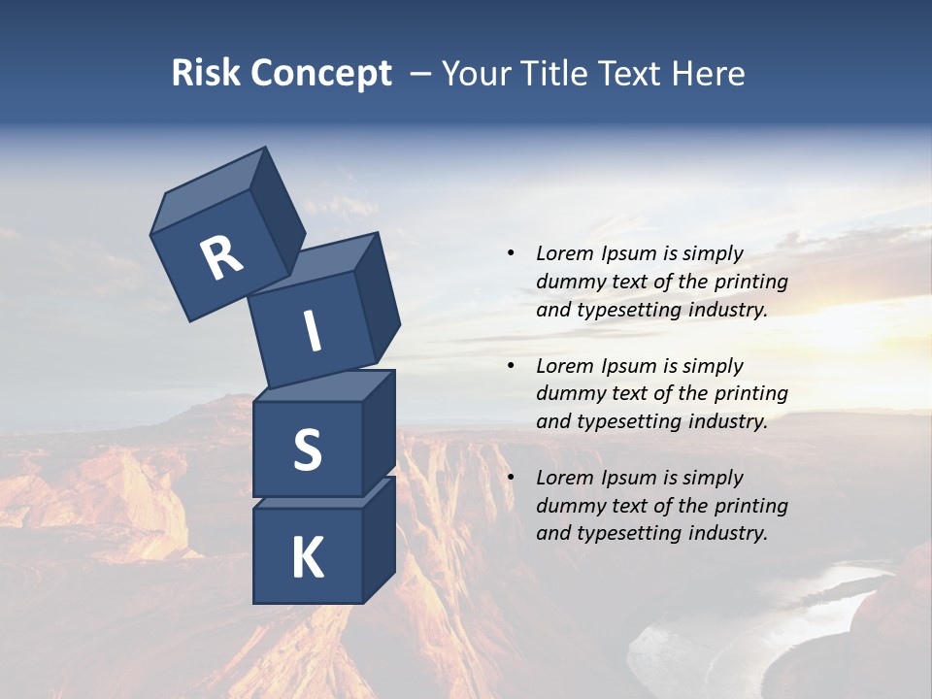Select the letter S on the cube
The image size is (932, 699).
pos(307,450)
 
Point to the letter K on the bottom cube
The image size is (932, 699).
pos(307,558)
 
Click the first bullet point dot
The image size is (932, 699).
pos(511,253)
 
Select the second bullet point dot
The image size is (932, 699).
pos(511,366)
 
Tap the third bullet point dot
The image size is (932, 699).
pos(511,478)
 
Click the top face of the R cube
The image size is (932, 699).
pos(209,187)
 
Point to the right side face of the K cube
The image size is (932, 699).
pos(379,539)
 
